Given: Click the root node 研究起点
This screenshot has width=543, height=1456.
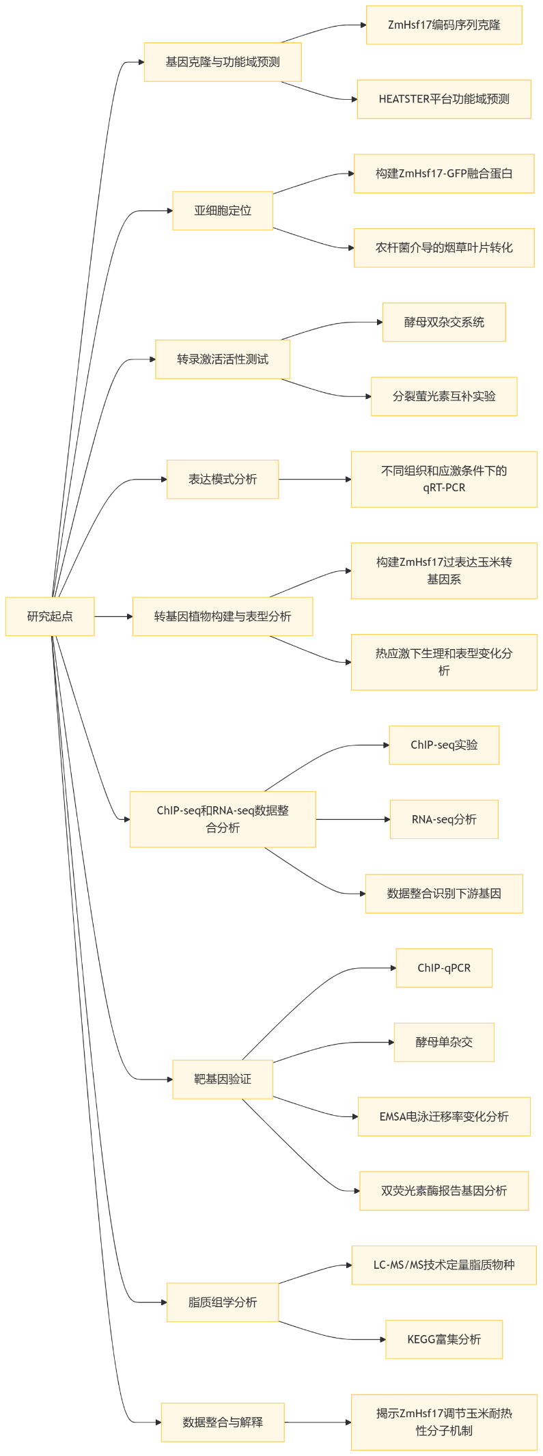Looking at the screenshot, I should (x=50, y=616).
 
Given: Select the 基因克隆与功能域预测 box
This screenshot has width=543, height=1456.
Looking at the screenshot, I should (x=223, y=62).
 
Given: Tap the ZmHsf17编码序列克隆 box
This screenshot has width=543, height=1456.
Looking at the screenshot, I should (x=444, y=25).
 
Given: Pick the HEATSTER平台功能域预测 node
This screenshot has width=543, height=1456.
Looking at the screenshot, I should (x=444, y=99).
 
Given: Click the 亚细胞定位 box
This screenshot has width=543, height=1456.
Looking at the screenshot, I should (x=223, y=210).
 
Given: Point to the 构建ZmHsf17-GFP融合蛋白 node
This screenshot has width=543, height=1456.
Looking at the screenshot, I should (x=444, y=174).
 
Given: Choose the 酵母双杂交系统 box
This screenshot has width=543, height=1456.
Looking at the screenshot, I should (x=444, y=322).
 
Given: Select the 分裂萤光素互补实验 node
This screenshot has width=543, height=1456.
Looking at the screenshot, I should (x=444, y=396).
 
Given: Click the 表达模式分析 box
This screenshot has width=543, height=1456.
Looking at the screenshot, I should (x=223, y=479).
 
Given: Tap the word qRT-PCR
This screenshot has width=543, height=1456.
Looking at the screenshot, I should (x=444, y=488).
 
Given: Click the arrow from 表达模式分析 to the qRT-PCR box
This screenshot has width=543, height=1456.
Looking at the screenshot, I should (x=314, y=479).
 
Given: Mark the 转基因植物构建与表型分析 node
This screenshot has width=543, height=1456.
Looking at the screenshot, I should (x=223, y=616).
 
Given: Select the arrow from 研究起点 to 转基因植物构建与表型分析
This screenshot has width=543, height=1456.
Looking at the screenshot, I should (x=113, y=616).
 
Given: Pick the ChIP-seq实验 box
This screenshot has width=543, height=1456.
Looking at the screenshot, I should (x=444, y=745).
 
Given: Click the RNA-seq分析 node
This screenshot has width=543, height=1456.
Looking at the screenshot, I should (x=444, y=819).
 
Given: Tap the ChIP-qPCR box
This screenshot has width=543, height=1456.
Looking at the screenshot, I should (x=444, y=967).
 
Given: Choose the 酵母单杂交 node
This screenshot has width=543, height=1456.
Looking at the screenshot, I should (x=444, y=1042).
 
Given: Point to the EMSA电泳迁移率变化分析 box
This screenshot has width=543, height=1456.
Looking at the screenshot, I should (x=444, y=1116).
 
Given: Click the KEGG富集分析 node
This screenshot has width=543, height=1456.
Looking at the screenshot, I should (x=444, y=1339).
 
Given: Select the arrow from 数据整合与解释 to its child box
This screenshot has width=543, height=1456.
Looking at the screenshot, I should (x=318, y=1423).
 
